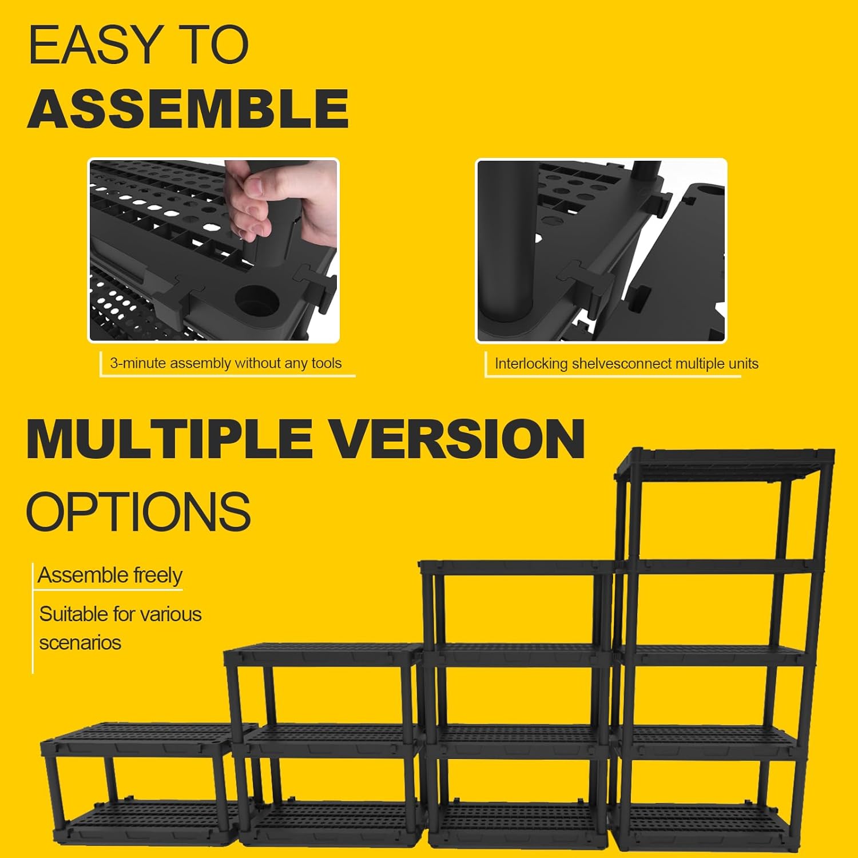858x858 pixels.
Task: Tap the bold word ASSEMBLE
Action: [x=188, y=109]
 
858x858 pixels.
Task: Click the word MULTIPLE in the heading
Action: [x=169, y=439]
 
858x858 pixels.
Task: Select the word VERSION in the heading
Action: [x=458, y=439]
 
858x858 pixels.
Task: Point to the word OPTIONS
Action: [x=138, y=511]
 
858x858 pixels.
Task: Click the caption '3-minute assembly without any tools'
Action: [x=225, y=363]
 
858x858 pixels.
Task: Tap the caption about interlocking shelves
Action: [x=626, y=364]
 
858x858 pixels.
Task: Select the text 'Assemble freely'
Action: [x=110, y=575]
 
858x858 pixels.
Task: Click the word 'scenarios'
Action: [x=80, y=643]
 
